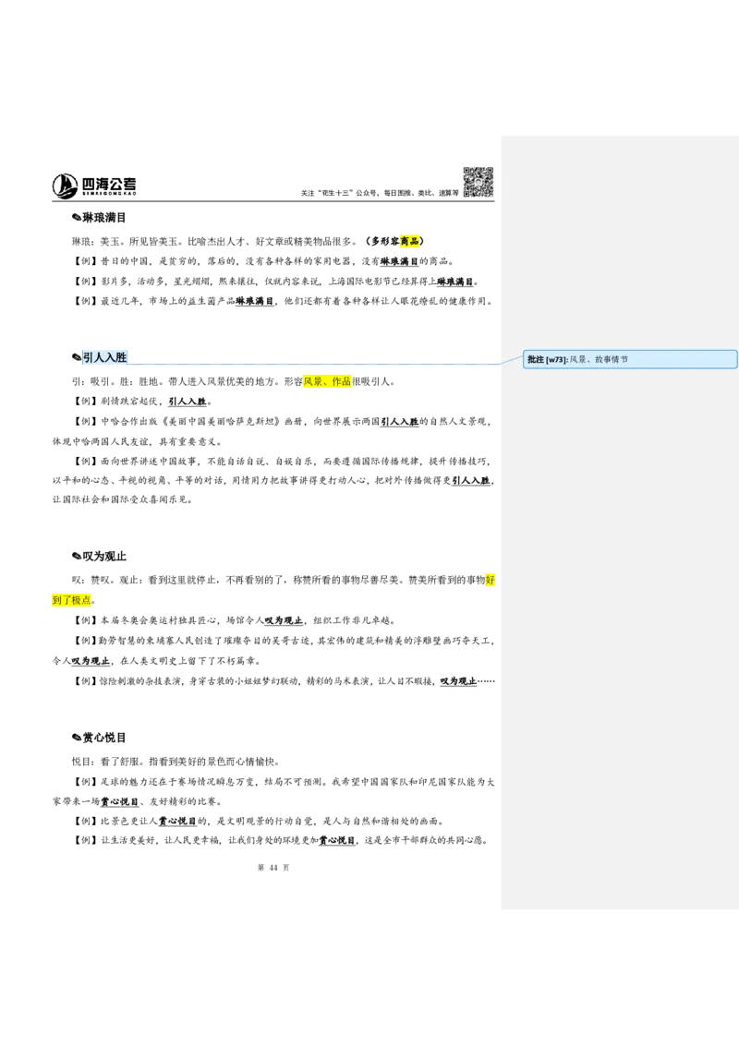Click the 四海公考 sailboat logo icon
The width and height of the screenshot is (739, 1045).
click(x=65, y=186)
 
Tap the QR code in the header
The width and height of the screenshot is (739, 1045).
click(x=479, y=182)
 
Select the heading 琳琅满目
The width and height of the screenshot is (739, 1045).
click(x=104, y=218)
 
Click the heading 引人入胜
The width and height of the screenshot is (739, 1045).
click(x=104, y=357)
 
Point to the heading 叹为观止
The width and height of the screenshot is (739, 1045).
click(x=104, y=557)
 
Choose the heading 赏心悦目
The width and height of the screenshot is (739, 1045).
click(x=104, y=738)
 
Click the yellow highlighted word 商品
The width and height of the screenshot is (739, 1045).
click(x=409, y=241)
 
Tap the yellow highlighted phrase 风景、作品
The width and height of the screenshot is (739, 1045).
click(x=327, y=382)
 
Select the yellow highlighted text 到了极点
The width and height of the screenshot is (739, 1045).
click(x=71, y=600)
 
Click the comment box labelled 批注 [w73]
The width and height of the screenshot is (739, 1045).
click(x=630, y=359)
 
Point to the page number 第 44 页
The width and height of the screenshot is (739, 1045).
click(x=273, y=868)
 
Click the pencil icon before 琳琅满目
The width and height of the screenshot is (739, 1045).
click(x=77, y=218)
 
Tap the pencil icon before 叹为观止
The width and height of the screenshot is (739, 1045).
click(x=77, y=557)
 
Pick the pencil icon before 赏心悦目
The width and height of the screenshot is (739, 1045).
click(x=77, y=738)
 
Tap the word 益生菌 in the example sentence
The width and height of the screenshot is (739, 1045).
click(x=201, y=302)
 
